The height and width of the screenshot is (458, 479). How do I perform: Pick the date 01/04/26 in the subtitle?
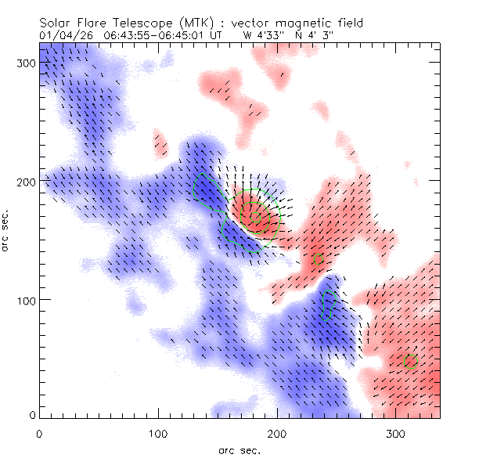(64, 35)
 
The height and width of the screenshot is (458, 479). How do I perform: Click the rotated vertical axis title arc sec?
(7, 230)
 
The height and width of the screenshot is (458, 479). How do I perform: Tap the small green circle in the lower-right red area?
(409, 361)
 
